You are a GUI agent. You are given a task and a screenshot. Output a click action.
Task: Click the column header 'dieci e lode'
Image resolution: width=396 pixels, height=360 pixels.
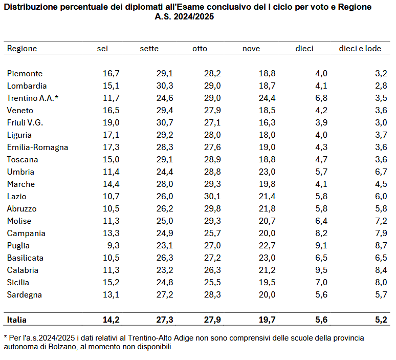360,49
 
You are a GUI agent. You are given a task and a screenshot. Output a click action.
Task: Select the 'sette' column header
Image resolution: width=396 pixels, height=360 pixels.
149,49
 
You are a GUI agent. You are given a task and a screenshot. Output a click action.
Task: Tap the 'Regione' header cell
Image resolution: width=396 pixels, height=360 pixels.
22,49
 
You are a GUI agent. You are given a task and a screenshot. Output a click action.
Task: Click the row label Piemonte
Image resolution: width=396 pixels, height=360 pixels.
25,74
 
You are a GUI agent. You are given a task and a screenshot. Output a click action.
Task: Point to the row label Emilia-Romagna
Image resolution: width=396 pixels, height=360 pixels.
37,147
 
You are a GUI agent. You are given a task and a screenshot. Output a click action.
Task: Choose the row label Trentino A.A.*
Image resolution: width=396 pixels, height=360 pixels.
33,98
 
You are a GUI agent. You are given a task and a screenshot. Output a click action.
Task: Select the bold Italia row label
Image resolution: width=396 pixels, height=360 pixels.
17,320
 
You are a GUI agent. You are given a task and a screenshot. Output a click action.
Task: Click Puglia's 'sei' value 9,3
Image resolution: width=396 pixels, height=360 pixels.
113,246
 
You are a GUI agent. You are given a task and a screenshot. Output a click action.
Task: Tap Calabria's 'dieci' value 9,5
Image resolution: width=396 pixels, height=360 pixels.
321,270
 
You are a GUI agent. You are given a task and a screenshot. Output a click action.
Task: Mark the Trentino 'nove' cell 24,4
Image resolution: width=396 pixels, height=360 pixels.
266,98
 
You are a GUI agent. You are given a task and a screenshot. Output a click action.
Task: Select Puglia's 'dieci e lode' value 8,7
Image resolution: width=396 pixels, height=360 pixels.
381,246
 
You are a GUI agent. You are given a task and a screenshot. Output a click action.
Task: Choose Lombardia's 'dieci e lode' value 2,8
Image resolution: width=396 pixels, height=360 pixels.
381,86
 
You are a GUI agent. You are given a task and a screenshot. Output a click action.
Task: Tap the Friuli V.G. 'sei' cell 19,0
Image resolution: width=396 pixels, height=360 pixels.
111,123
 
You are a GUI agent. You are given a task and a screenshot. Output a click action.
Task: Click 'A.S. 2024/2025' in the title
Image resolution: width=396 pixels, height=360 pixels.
185,16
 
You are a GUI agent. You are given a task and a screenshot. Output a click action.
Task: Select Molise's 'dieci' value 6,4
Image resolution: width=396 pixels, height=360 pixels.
321,221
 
